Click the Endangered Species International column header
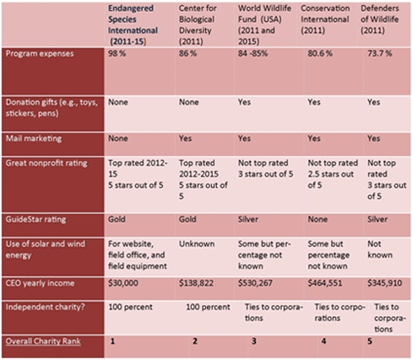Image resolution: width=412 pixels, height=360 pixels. [x=133, y=25]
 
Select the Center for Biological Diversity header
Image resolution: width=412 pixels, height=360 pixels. [x=198, y=25]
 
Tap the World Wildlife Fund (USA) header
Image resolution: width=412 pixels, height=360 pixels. [x=264, y=25]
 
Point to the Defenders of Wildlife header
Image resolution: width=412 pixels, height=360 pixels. [x=380, y=19]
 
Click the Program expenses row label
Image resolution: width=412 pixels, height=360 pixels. [x=40, y=53]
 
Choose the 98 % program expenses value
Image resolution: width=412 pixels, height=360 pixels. [x=117, y=53]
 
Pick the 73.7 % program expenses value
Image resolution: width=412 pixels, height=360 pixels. [x=380, y=53]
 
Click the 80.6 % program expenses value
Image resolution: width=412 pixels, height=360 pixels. [x=320, y=53]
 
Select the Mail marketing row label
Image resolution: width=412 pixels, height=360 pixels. [x=34, y=139]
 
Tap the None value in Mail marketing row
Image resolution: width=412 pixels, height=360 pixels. [x=118, y=139]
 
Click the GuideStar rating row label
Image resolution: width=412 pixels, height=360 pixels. [x=36, y=220]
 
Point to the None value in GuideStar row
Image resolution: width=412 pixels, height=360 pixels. [x=317, y=219]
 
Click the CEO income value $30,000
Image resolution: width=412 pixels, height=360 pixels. [x=123, y=283]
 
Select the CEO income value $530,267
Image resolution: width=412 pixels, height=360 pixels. [x=255, y=283]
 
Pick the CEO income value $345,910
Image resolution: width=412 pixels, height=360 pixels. [x=385, y=283]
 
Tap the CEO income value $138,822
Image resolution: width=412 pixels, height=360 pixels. [x=196, y=283]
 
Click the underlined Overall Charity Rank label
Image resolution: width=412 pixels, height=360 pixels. [x=43, y=341]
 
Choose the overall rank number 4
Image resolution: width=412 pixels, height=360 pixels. [x=323, y=341]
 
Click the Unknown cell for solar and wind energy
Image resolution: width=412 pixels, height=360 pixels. [x=197, y=243]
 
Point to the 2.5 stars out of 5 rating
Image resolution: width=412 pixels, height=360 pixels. [x=331, y=179]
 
